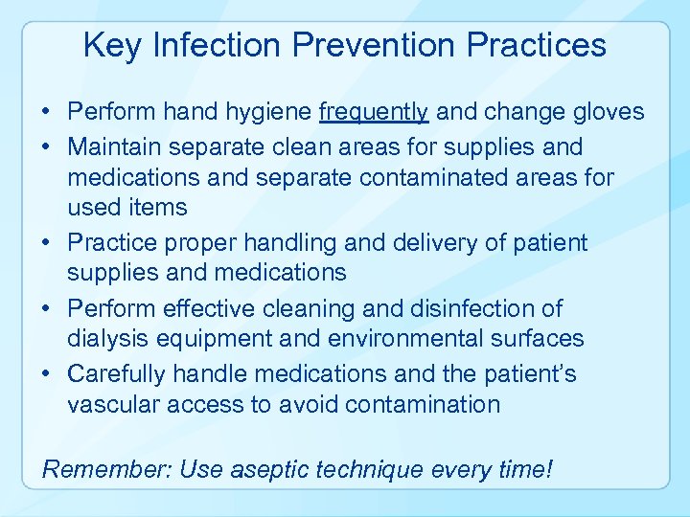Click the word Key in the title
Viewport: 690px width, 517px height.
pyautogui.click(x=111, y=46)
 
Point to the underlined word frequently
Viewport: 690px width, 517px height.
pyautogui.click(x=374, y=113)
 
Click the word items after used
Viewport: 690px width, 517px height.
pyautogui.click(x=157, y=207)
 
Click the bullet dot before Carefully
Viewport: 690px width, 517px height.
pyautogui.click(x=47, y=373)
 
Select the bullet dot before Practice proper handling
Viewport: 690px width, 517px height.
pyautogui.click(x=47, y=243)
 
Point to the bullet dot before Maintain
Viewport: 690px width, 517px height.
pyautogui.click(x=47, y=147)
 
